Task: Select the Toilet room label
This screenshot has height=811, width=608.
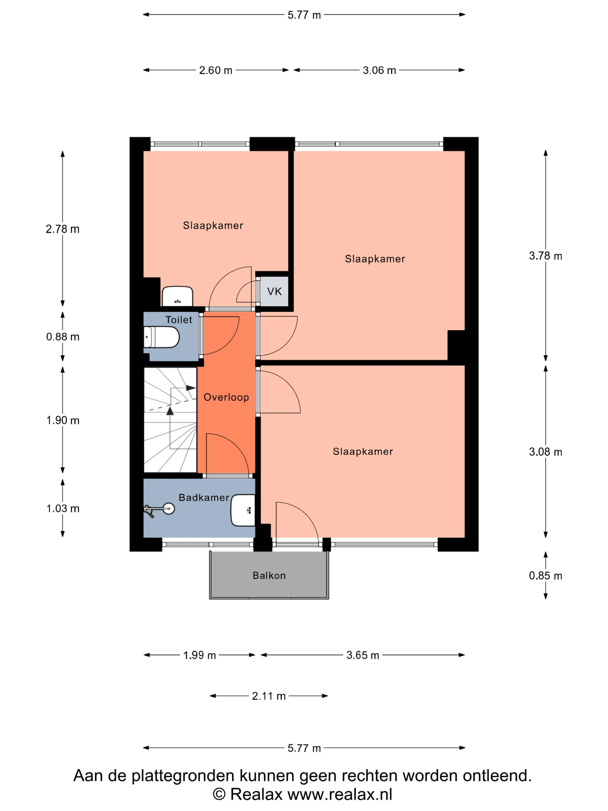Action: pyautogui.click(x=179, y=320)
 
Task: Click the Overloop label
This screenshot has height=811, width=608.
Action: pyautogui.click(x=226, y=397)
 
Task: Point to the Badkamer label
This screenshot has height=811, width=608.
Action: pyautogui.click(x=204, y=498)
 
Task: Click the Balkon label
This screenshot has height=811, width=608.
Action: pyautogui.click(x=269, y=576)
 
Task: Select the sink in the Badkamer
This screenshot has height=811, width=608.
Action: pyautogui.click(x=243, y=510)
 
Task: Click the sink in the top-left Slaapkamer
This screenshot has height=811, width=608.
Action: pyautogui.click(x=177, y=296)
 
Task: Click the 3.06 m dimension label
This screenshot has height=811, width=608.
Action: pyautogui.click(x=379, y=70)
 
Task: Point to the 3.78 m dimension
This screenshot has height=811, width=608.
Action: pyautogui.click(x=545, y=256)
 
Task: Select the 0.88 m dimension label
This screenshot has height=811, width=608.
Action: pyautogui.click(x=63, y=337)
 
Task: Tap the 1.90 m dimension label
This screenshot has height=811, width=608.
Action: pyautogui.click(x=63, y=421)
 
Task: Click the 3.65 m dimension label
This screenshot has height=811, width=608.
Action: pyautogui.click(x=362, y=655)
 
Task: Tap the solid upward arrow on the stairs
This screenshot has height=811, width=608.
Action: pyautogui.click(x=170, y=411)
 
